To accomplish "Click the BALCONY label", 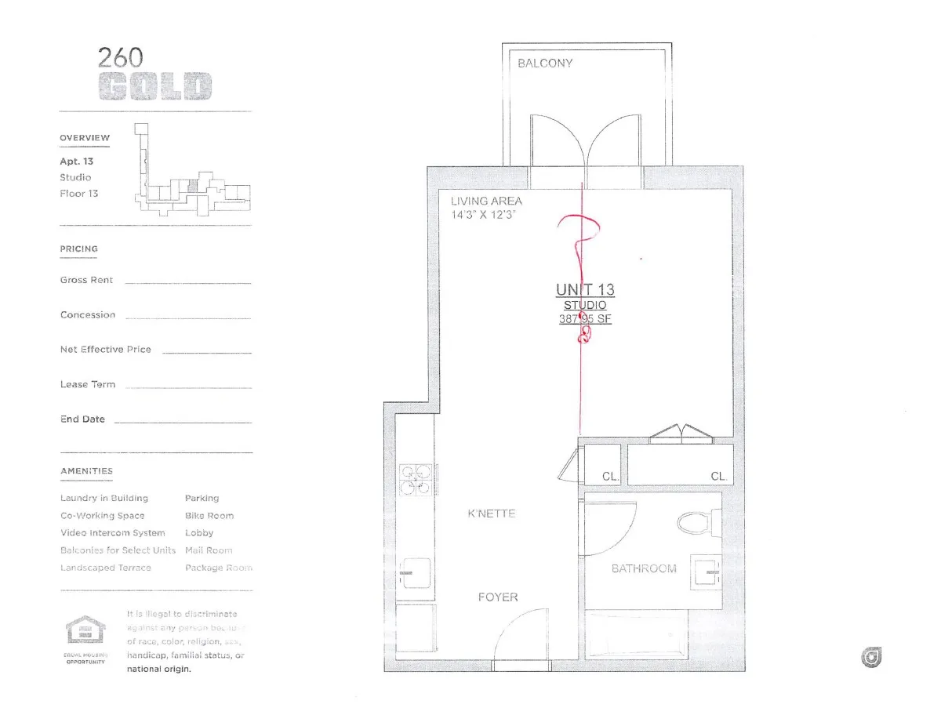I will point(545,64).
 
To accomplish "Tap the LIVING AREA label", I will point(486,201).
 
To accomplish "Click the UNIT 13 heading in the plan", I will point(585,290).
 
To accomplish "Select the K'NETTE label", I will point(492,514).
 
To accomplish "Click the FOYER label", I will point(498,597).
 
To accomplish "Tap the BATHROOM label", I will point(643,568).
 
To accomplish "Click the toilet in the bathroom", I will point(696,521).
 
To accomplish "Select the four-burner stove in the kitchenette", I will point(416,479).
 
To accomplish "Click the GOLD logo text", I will point(155,86).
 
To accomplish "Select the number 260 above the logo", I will point(120,57).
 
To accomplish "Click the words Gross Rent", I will point(86,280).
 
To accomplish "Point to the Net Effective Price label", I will point(106,350).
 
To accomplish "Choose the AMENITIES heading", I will point(86,471).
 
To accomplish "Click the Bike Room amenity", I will point(209,516).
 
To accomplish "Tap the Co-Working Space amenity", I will point(102,516).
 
